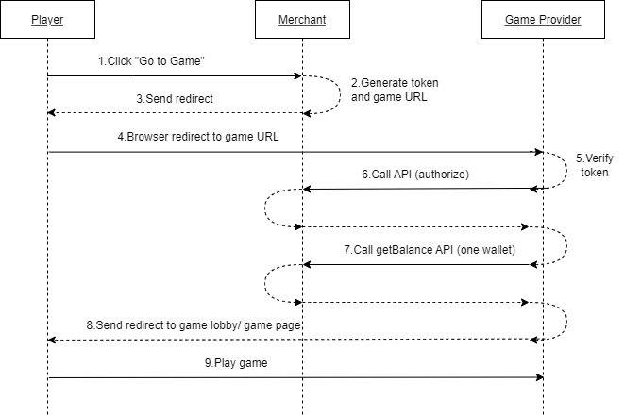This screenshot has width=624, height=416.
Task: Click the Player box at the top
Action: click(47, 20)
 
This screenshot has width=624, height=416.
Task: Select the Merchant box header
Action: click(302, 20)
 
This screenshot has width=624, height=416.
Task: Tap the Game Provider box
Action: click(543, 20)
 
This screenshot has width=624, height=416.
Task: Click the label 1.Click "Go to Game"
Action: click(152, 61)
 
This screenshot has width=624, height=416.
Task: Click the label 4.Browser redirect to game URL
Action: click(197, 136)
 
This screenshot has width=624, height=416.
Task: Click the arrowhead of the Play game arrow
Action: click(539, 377)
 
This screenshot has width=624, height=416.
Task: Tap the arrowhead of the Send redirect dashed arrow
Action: click(53, 113)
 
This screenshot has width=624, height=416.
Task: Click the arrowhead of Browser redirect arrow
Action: click(539, 151)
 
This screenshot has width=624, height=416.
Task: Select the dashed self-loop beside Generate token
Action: click(339, 94)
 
